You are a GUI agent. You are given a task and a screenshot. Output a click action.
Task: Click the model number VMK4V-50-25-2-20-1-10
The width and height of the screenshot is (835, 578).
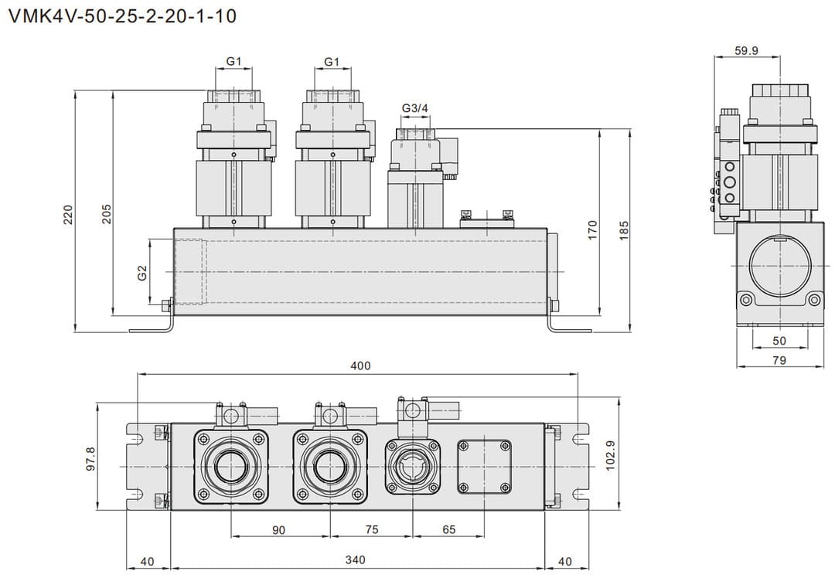tap(122, 16)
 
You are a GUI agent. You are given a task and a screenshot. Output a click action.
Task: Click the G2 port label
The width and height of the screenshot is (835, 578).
tap(142, 273)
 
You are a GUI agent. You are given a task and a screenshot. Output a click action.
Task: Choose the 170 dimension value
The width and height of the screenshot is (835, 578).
tap(592, 228)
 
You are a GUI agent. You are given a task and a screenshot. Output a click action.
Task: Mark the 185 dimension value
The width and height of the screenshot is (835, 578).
tap(624, 228)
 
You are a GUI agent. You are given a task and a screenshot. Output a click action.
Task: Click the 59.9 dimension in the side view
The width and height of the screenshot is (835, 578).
tap(746, 52)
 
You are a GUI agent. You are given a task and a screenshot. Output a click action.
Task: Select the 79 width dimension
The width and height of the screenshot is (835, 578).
tap(779, 359)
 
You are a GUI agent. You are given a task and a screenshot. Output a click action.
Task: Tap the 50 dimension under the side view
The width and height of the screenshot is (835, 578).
tap(779, 341)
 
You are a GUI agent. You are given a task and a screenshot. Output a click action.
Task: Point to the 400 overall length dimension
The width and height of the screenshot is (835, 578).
tap(360, 365)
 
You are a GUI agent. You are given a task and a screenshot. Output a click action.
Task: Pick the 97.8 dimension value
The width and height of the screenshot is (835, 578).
tap(90, 459)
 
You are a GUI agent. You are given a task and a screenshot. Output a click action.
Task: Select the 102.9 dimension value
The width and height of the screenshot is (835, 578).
tap(610, 456)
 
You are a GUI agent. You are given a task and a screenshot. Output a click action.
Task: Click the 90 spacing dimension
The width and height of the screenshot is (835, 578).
tap(278, 529)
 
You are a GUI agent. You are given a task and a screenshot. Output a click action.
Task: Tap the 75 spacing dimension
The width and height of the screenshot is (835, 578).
tap(371, 529)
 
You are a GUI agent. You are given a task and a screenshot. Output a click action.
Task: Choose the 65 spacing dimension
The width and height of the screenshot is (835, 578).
tap(448, 529)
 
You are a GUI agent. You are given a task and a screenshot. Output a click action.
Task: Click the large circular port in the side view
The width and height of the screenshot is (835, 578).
tap(779, 266)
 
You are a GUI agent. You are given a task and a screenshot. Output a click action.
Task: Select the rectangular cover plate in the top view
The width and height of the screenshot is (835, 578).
tap(485, 466)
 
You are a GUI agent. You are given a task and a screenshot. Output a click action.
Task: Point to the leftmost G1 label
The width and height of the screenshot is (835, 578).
tap(234, 61)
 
